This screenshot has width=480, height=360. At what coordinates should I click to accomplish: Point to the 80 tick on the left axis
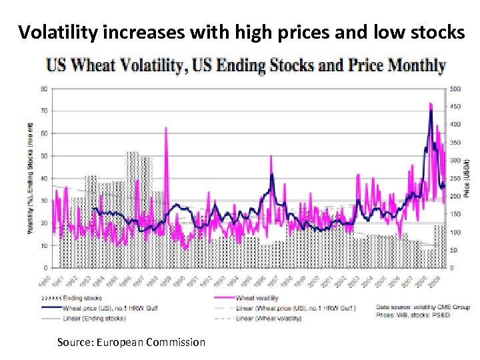43,88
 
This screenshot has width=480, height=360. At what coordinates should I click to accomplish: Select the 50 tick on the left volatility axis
43,155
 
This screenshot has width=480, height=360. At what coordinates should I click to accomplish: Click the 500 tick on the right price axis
455,88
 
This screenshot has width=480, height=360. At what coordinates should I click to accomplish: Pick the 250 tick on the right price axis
455,178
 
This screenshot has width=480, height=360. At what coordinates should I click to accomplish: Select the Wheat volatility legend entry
257,298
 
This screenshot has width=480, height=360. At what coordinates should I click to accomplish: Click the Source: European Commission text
131,342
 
